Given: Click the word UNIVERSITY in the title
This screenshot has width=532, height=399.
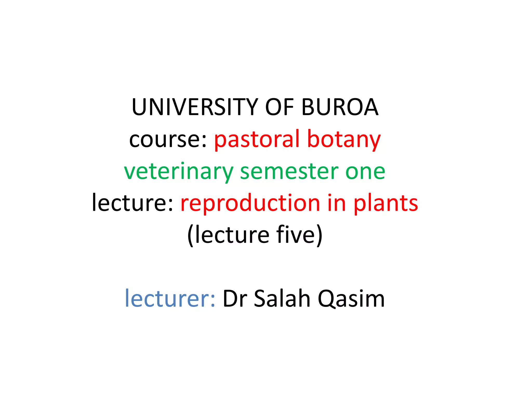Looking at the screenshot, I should pyautogui.click(x=195, y=107).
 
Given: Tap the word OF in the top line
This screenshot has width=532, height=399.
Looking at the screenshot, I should pyautogui.click(x=279, y=107).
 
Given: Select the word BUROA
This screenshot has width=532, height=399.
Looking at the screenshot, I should pyautogui.click(x=340, y=107).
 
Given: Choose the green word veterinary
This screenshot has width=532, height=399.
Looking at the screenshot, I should pyautogui.click(x=178, y=172).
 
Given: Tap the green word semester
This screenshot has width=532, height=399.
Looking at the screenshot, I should pyautogui.click(x=289, y=172).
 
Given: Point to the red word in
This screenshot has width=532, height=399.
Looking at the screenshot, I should pyautogui.click(x=336, y=203).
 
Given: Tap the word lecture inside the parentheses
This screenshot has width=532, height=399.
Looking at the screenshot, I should pyautogui.click(x=232, y=235).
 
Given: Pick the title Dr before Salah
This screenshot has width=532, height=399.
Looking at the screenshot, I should pyautogui.click(x=235, y=299).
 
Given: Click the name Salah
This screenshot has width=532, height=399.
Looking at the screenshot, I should pyautogui.click(x=282, y=299).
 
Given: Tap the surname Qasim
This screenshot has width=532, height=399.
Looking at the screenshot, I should pyautogui.click(x=351, y=299).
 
